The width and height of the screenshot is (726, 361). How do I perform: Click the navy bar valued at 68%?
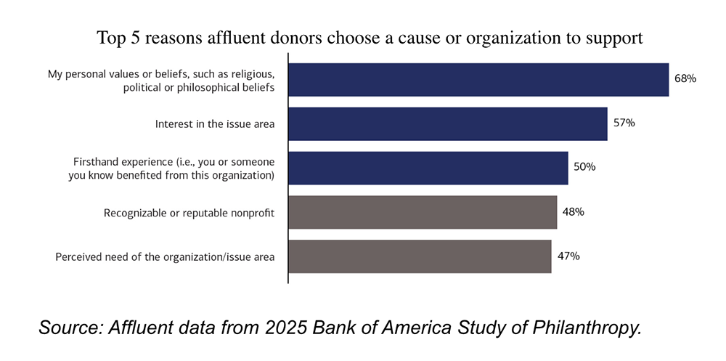tap(478, 80)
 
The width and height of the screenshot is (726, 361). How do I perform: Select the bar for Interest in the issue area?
tap(448, 124)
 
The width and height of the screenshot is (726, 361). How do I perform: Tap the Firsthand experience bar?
tap(428, 168)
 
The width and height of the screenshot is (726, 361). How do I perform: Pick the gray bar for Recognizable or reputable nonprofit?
tap(423, 212)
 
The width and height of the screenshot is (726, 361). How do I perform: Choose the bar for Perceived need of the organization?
tap(420, 256)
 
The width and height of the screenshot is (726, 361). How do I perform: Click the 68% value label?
tap(685, 79)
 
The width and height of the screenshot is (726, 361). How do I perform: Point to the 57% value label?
tap(624, 123)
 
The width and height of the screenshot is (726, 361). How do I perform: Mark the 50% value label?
tap(584, 167)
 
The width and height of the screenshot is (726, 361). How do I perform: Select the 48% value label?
tap(573, 212)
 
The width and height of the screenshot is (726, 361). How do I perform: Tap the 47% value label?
tap(568, 256)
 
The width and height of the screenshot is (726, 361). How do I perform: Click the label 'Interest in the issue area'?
tap(215, 124)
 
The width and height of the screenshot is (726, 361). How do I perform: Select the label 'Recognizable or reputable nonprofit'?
tap(189, 213)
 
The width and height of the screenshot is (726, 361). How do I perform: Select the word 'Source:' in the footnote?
tap(70, 328)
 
